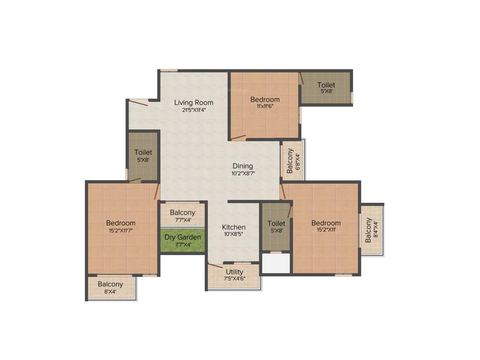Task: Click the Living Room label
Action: pos(194,102)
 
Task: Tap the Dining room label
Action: pos(243,166)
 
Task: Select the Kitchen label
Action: pos(234,227)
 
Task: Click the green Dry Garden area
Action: pos(183,240)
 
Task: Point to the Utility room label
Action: pos(234,272)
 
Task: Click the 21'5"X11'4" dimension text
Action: pos(194,110)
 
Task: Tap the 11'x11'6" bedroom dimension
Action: pos(265,106)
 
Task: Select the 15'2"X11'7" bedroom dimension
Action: pos(120,231)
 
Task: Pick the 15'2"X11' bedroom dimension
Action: pos(326,230)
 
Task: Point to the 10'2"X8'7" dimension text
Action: pos(243,173)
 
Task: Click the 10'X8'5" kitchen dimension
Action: pos(234,234)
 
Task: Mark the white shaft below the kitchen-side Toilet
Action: pos(276,263)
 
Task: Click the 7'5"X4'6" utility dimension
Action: pos(234,279)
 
